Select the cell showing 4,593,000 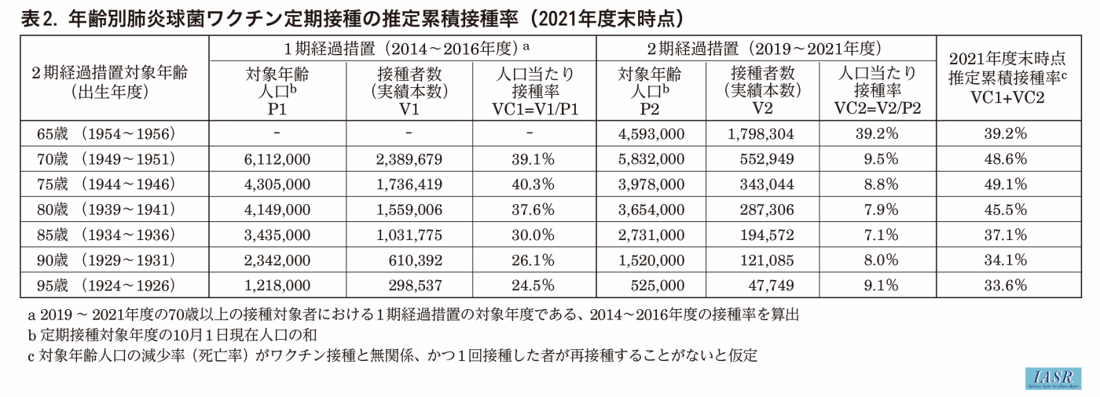click(x=651, y=133)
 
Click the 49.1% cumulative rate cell click(x=1006, y=185)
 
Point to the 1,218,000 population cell click(x=278, y=285)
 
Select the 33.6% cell click(x=1006, y=285)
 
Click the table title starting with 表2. click(x=342, y=16)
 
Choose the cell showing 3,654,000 click(x=651, y=209)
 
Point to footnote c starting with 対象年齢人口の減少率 click(x=393, y=355)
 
